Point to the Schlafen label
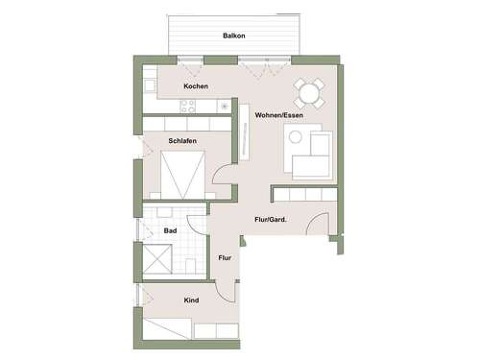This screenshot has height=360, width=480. click(x=182, y=139)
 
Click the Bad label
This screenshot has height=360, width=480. click(x=169, y=230)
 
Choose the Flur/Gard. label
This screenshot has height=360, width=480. click(x=273, y=221)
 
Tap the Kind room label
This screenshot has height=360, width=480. click(x=191, y=300)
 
